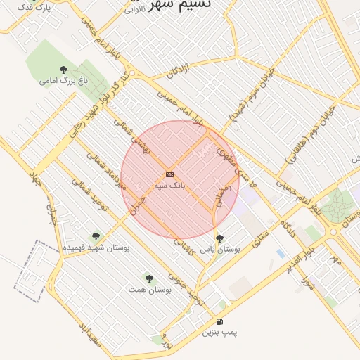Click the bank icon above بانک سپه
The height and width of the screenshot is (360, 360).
click(169, 174)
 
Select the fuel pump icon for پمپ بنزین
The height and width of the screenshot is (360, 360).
click(220, 321)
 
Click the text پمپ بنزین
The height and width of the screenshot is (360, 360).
click(219, 331)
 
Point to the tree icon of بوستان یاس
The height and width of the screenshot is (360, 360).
click(220, 238)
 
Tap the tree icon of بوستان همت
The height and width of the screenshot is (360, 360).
click(148, 278)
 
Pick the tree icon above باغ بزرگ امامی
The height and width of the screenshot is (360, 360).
click(64, 70)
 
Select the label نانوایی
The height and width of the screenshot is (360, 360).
click(136, 10)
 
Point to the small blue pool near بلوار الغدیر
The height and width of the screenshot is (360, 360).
click(281, 253)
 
